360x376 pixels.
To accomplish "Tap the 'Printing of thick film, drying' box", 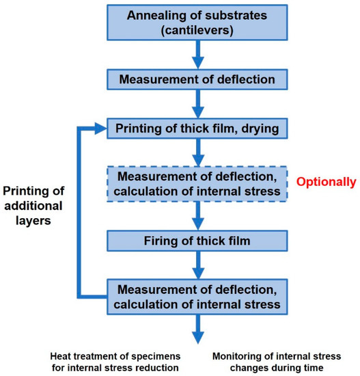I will [x=197, y=128].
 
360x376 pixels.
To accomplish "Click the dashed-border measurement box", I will [x=197, y=183].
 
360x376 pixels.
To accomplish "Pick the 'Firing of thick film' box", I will [x=197, y=241].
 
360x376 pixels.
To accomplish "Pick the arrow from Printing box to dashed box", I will [x=197, y=152].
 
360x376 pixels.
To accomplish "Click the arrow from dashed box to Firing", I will [x=197, y=214].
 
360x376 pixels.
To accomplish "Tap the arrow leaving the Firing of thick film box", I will [x=197, y=267].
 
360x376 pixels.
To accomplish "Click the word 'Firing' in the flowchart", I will [x=167, y=241].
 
